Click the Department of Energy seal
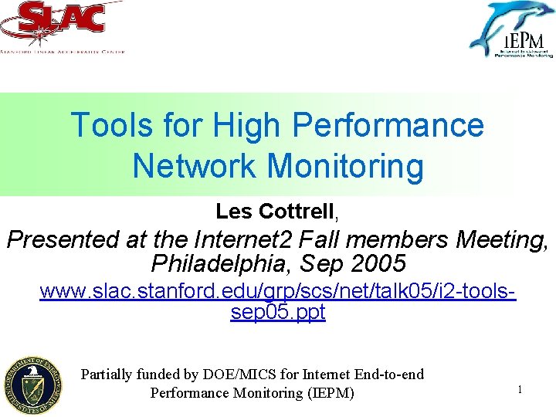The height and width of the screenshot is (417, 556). [x=32, y=386]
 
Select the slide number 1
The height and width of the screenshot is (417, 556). [x=520, y=390]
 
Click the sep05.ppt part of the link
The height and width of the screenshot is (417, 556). [x=278, y=313]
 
